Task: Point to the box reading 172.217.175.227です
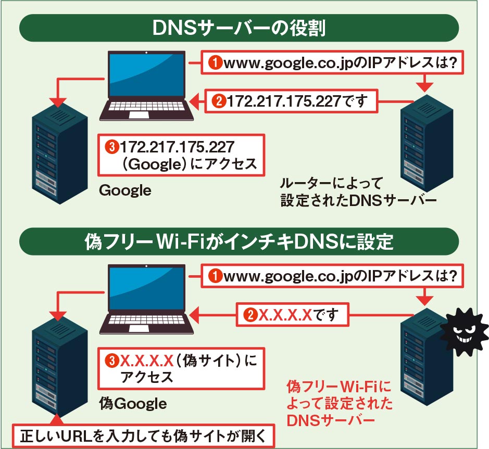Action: pyautogui.click(x=291, y=100)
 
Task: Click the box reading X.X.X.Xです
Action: pyautogui.click(x=292, y=314)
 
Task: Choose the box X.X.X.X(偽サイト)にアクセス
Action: pyautogui.click(x=182, y=368)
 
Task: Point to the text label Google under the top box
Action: pyautogui.click(x=125, y=191)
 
